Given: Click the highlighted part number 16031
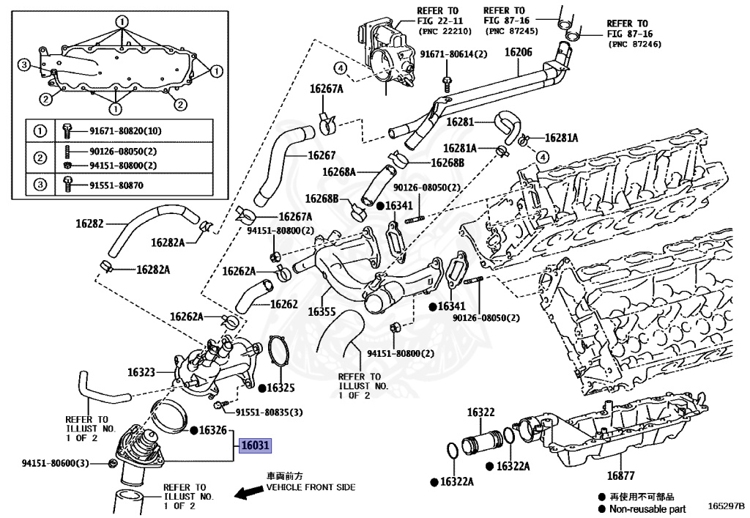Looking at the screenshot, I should pos(256,445).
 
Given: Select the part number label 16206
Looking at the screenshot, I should pos(519,52).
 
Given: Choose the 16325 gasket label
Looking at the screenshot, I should pos(280,387).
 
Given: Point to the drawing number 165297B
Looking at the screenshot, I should pos(726,506).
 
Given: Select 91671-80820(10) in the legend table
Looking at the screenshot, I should pos(125,131).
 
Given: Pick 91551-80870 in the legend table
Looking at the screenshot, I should pos(116,185).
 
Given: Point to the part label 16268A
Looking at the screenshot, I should pos(339,172).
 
